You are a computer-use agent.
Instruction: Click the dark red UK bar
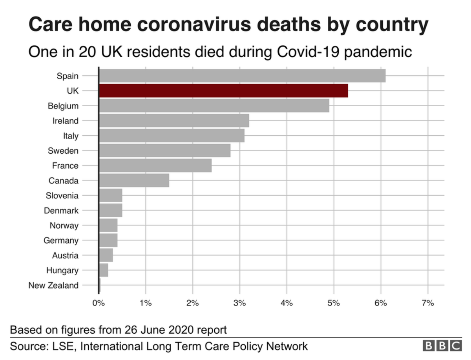[x=223, y=91]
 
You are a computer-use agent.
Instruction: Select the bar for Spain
[x=242, y=76]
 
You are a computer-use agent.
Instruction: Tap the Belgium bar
[x=214, y=105]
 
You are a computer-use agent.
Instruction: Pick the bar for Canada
[x=134, y=181]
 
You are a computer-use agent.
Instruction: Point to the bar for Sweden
[x=164, y=151]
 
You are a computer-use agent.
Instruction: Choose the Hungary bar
[x=104, y=270]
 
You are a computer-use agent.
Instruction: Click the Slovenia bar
[x=111, y=195]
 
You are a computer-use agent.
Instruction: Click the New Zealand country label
[x=53, y=285]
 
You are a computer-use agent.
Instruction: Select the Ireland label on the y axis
[x=66, y=121]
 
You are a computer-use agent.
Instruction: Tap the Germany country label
[x=61, y=240]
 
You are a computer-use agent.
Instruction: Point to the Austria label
[x=65, y=256]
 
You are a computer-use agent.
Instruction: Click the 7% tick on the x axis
[x=427, y=303]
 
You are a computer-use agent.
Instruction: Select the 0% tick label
[x=99, y=303]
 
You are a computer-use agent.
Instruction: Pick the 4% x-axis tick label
[x=287, y=303]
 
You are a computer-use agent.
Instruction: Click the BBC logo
[x=442, y=346]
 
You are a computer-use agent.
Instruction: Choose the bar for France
[x=155, y=165]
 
